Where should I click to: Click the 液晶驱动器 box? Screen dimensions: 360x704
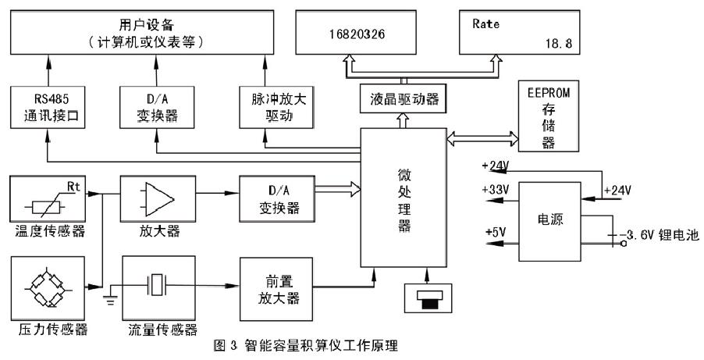[400, 98]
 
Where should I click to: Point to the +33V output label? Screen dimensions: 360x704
[499, 190]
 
